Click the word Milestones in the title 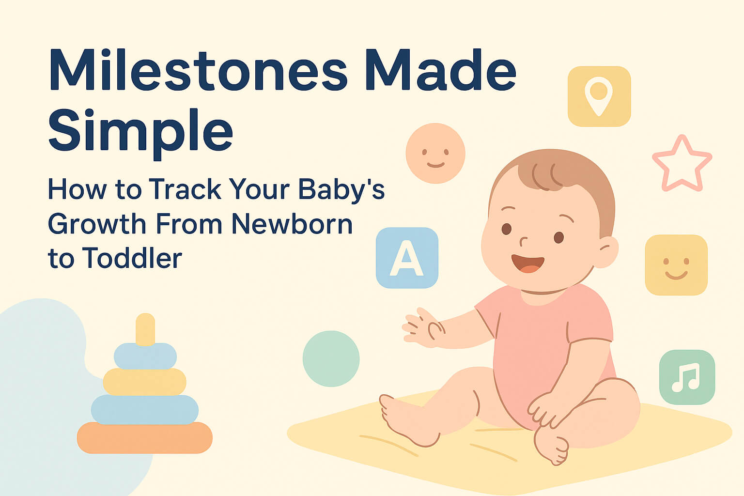(x=198, y=71)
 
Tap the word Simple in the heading (x=140, y=130)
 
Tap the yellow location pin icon (x=599, y=96)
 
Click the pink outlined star (x=682, y=165)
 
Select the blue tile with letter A (x=407, y=258)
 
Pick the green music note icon (x=687, y=377)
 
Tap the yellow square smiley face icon (x=676, y=265)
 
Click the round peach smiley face (x=435, y=153)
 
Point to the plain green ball (x=331, y=358)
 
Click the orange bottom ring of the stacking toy (x=144, y=437)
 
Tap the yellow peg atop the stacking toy (x=145, y=328)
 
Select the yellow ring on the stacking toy (x=144, y=382)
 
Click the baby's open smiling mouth (x=528, y=263)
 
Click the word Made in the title (x=441, y=71)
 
